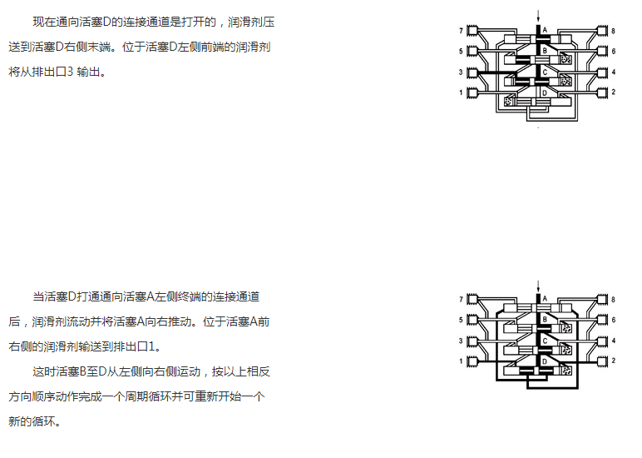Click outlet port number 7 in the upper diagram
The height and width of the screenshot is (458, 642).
click(461, 31)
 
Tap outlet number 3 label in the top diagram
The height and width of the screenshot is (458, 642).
click(461, 72)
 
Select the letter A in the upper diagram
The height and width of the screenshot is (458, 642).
click(545, 29)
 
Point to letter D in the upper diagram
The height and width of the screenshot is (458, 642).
click(545, 92)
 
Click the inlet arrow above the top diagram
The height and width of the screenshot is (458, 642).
click(538, 16)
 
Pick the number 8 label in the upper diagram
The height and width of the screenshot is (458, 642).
click(613, 31)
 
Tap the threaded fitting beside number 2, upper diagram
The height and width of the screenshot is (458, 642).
click(602, 92)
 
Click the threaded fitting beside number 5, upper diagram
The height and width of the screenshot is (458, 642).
click(472, 52)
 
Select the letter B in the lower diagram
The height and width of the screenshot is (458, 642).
click(545, 319)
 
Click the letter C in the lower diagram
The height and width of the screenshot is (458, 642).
click(545, 341)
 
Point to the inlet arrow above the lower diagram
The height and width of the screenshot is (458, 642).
click(538, 286)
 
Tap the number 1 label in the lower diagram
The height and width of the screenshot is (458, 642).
click(461, 361)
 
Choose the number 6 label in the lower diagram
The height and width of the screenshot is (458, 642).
click(614, 320)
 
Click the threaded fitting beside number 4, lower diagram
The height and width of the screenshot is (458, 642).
click(602, 341)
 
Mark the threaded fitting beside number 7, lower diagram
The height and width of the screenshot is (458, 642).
click(472, 299)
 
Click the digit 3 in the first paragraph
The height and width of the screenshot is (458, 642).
click(70, 72)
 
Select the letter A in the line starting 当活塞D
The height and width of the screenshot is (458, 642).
click(150, 296)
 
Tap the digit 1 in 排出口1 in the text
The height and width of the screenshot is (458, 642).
click(152, 347)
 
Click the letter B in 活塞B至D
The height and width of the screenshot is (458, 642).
click(82, 372)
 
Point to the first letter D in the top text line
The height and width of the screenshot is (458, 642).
click(106, 22)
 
